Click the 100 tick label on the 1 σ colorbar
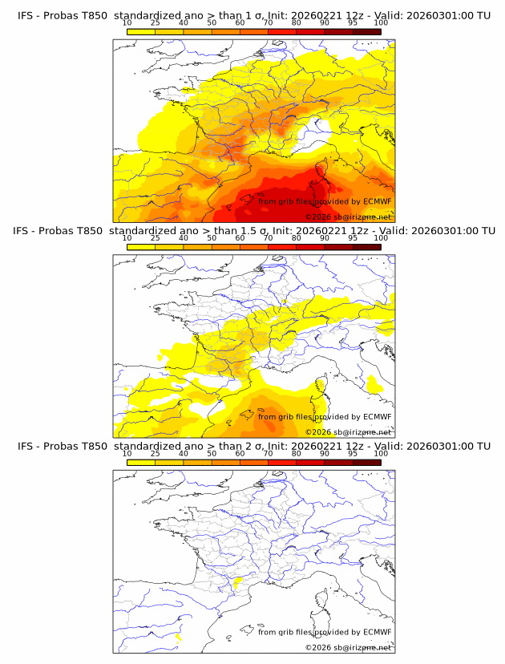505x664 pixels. pos(381,22)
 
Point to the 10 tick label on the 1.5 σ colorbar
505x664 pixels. pos(127,238)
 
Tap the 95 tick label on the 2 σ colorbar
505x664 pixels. pos(353,453)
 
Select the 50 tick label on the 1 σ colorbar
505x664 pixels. pos(212,22)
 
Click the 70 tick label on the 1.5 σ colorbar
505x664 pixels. pos(268,238)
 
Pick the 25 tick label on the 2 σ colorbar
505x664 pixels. pos(156,453)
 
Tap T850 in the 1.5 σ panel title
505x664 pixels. pos(94,230)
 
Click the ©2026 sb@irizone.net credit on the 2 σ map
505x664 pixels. pos(349,647)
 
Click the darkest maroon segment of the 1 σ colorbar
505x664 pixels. pos(367,31)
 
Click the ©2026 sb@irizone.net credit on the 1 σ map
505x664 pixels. pos(349,217)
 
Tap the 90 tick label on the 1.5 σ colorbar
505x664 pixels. pos(325,238)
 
